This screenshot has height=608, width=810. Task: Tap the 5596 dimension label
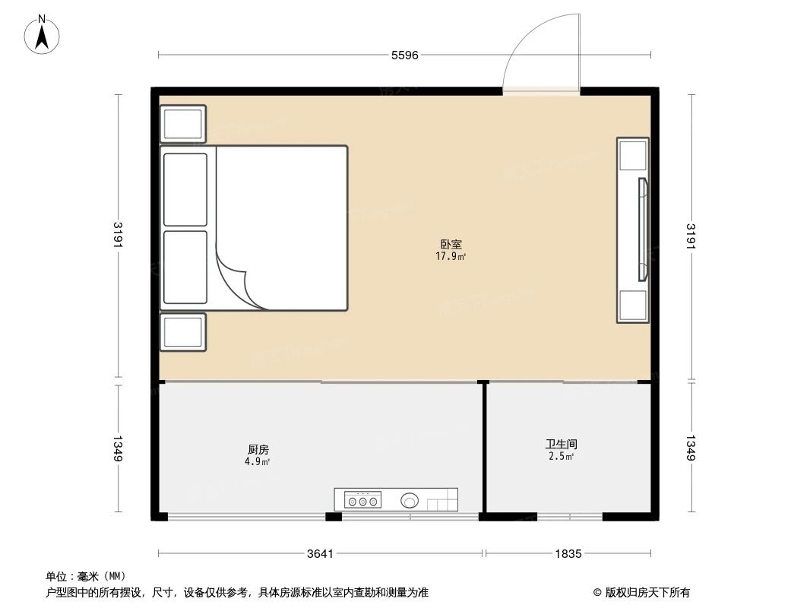point(404,55)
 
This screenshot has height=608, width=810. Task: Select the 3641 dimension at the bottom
point(321,553)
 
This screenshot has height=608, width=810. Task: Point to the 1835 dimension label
point(568,553)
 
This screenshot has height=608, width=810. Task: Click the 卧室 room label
point(451,245)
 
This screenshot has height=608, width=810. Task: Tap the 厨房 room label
point(258,449)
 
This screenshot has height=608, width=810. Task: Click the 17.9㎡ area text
point(451,257)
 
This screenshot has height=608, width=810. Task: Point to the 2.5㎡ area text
point(561,456)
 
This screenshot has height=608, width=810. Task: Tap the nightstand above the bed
point(183,124)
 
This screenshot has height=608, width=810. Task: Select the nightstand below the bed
point(183,332)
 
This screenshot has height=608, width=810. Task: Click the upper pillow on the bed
point(185,189)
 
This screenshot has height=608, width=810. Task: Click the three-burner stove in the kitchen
point(362,500)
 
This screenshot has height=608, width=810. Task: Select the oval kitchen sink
point(410,500)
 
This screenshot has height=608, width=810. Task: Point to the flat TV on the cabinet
point(643,230)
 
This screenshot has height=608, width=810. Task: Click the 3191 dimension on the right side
point(691,236)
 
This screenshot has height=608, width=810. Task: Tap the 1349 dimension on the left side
point(118,448)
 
